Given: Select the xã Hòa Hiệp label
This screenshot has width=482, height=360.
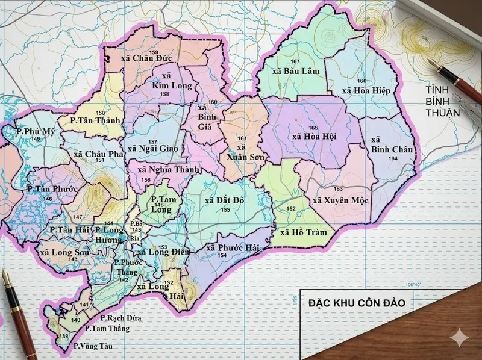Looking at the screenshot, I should tap(366, 90).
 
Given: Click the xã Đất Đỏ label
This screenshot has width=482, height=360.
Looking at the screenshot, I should tap(224, 200).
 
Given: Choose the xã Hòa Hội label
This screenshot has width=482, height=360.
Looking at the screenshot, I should tap(314, 137).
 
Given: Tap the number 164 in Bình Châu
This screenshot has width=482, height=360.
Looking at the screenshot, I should tap(393, 158).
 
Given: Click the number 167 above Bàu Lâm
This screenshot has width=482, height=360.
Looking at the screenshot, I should tap(295, 63).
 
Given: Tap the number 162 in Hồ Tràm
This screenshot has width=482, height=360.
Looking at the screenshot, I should tap(292, 209).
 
